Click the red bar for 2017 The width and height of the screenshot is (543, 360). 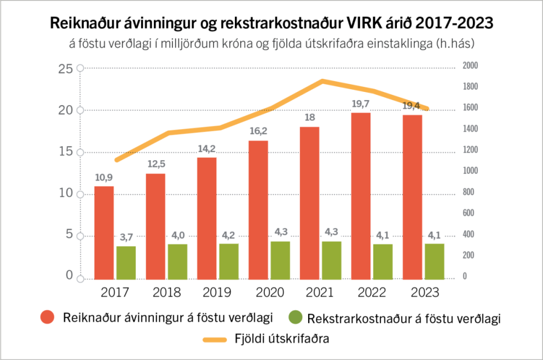tap(104, 232)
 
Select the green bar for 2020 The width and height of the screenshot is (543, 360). tap(280, 259)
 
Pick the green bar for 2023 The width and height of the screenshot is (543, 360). tap(435, 260)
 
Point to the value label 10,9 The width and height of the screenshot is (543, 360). tap(103, 177)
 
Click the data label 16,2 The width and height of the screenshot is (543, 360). tap(258, 131)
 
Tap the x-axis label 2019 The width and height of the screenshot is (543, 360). tap(217, 293)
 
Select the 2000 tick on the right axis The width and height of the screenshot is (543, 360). tap(470, 66)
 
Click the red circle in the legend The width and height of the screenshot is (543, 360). tap(48, 318)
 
